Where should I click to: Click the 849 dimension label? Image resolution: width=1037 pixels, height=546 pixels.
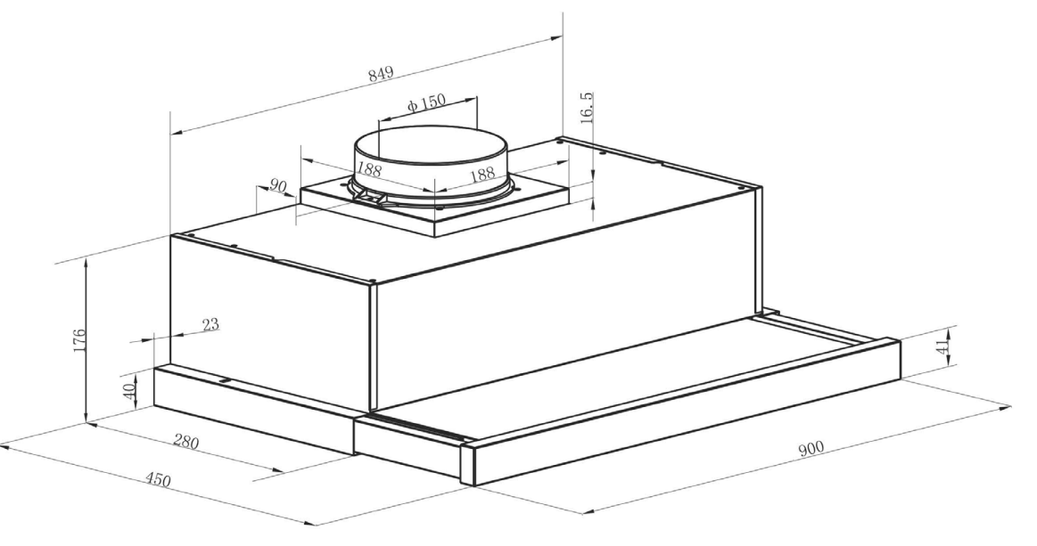[381, 73]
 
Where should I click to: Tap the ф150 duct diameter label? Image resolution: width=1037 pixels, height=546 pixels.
[426, 103]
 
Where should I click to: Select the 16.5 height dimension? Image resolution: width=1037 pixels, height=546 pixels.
[587, 108]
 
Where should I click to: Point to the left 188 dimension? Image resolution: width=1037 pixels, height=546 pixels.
[369, 169]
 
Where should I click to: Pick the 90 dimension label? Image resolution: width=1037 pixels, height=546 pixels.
[278, 186]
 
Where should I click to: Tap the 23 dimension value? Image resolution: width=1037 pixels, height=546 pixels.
[210, 324]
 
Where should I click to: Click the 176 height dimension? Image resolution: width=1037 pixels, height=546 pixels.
[78, 340]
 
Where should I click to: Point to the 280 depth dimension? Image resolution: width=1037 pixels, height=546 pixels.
[185, 441]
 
